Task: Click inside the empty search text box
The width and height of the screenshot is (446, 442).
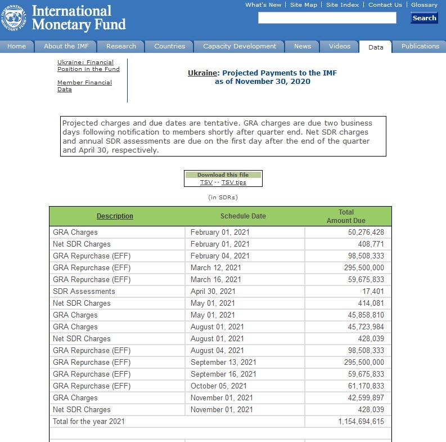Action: (327, 18)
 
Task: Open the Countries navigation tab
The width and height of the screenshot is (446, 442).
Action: (169, 46)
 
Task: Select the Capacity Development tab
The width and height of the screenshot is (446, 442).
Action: (240, 46)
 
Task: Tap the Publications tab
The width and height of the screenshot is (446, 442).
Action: (420, 46)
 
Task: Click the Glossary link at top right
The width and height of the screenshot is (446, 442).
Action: (424, 5)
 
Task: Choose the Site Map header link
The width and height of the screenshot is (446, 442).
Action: (304, 5)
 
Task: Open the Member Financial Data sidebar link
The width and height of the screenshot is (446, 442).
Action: (84, 86)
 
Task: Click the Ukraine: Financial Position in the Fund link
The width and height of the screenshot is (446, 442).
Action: (88, 65)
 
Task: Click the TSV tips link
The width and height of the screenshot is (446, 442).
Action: (233, 182)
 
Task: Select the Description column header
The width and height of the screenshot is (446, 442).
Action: (115, 216)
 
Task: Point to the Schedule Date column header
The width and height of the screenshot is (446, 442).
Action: (243, 216)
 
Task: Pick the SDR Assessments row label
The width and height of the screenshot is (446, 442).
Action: (84, 291)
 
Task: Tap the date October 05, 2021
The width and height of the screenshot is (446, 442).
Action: (218, 386)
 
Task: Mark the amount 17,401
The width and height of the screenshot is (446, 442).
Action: (373, 291)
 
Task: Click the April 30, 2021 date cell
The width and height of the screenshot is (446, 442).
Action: (213, 291)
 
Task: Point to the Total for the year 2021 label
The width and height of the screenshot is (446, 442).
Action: (89, 421)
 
